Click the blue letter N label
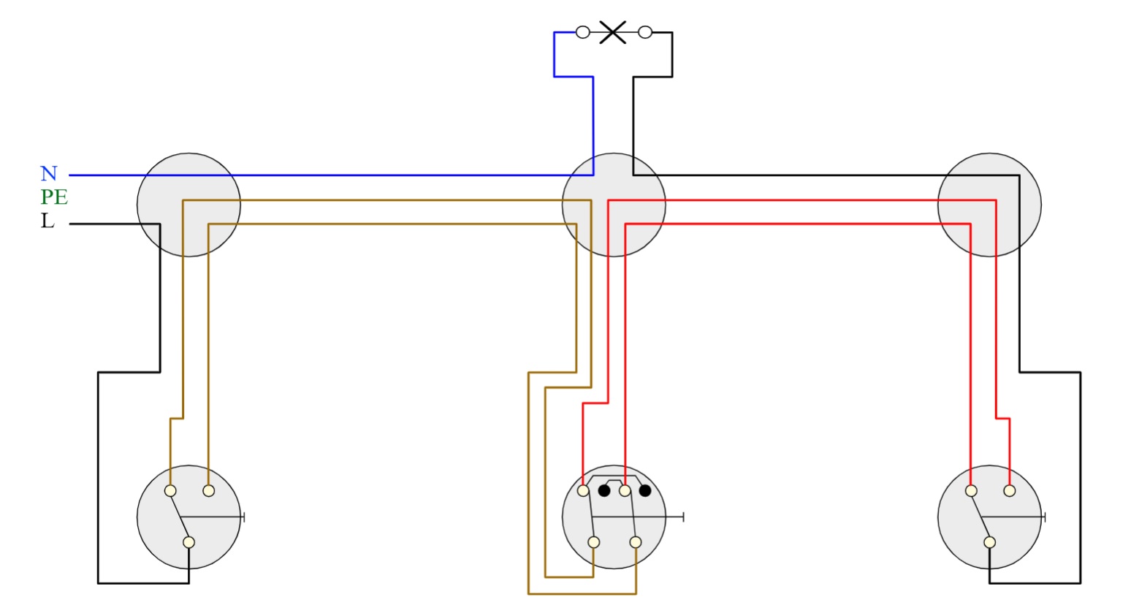(48, 174)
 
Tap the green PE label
(54, 197)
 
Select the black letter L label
(47, 221)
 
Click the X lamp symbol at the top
(613, 32)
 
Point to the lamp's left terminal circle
(582, 32)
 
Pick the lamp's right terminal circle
(645, 32)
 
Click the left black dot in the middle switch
(604, 490)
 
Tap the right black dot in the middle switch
(644, 490)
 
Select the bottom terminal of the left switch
(189, 542)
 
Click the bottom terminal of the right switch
(990, 542)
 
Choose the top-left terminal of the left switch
(170, 491)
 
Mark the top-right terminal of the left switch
(209, 491)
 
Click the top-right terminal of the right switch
(1010, 491)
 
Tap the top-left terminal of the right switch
(971, 491)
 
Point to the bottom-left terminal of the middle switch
(594, 542)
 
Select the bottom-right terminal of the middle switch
(636, 542)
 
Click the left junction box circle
(189, 205)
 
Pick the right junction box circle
(989, 205)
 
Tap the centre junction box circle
(614, 205)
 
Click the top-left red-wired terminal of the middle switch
(583, 491)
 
